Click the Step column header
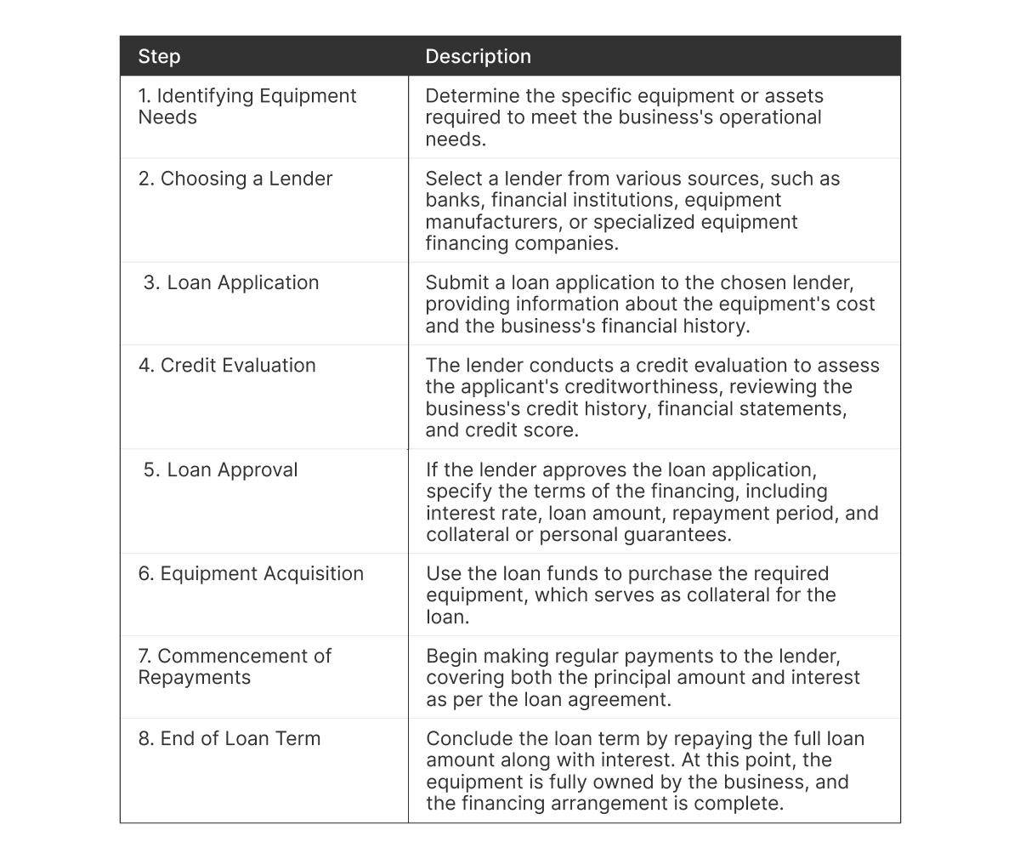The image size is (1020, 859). [x=159, y=57]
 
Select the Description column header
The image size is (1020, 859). [x=478, y=57]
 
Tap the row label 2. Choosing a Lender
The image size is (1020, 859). [x=235, y=179]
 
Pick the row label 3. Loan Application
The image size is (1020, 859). [x=231, y=282]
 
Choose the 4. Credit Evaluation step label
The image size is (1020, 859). [x=227, y=366]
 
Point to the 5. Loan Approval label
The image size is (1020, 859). [x=221, y=470]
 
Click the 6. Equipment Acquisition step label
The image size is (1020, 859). [x=251, y=574]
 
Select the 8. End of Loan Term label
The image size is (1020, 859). [x=229, y=738]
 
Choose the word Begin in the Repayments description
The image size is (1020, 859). [x=452, y=657]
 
